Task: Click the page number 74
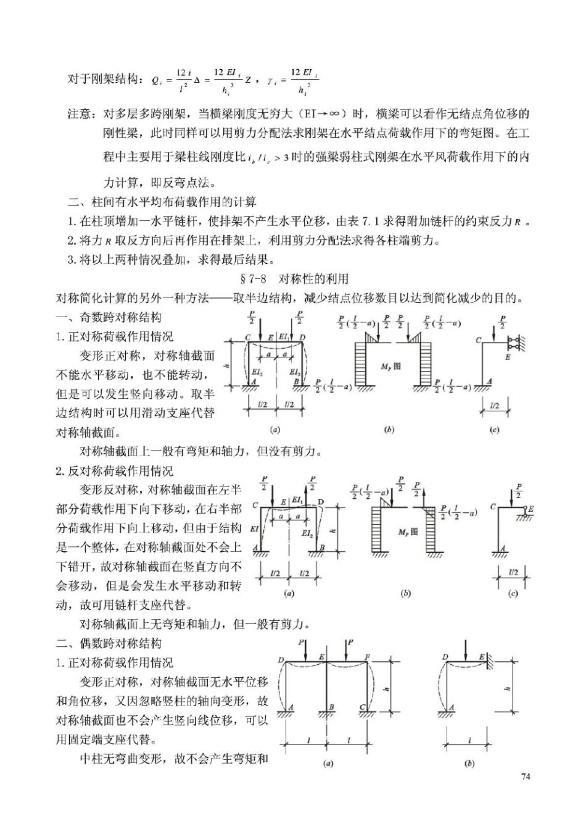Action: (x=525, y=777)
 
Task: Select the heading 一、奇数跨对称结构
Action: (x=109, y=317)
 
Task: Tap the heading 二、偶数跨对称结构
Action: (x=109, y=643)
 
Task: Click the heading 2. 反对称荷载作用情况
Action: (x=115, y=471)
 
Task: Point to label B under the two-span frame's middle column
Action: (x=331, y=707)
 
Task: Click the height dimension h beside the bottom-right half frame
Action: (x=508, y=688)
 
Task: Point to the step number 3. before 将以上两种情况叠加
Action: (x=72, y=259)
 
